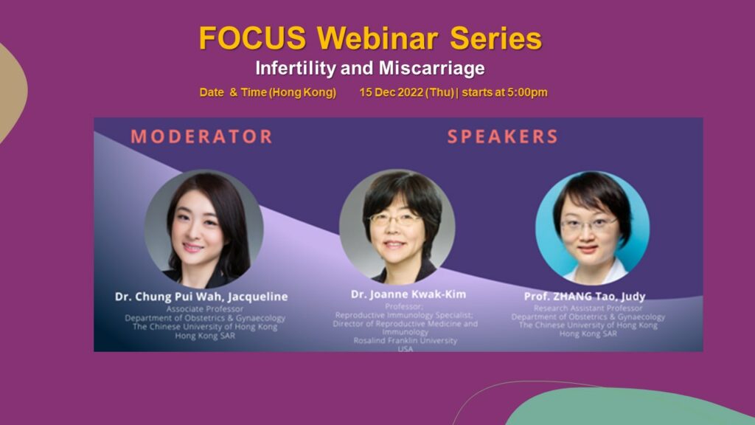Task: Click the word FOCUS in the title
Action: [x=252, y=38]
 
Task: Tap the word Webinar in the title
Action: [x=377, y=38]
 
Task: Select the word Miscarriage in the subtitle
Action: [x=431, y=68]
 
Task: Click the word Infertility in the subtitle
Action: [x=295, y=68]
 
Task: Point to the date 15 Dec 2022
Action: [x=391, y=92]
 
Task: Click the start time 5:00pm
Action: [x=526, y=92]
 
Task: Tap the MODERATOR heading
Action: [x=202, y=137]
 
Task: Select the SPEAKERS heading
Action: [x=503, y=137]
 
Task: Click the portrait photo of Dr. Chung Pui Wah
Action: [x=203, y=229]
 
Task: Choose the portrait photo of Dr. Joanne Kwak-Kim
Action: [x=397, y=226]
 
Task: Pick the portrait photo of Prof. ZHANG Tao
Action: [x=592, y=227]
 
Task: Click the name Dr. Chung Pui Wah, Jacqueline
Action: [x=201, y=297]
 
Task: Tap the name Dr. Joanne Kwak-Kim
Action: [x=408, y=294]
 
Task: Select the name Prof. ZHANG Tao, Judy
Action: [x=585, y=296]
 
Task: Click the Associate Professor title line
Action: [x=205, y=309]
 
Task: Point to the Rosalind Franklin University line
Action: [x=405, y=341]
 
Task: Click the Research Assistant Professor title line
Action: [x=588, y=308]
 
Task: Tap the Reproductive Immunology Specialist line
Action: [x=404, y=315]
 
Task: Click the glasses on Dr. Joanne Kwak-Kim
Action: [x=394, y=219]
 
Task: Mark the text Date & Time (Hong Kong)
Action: [x=268, y=92]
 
